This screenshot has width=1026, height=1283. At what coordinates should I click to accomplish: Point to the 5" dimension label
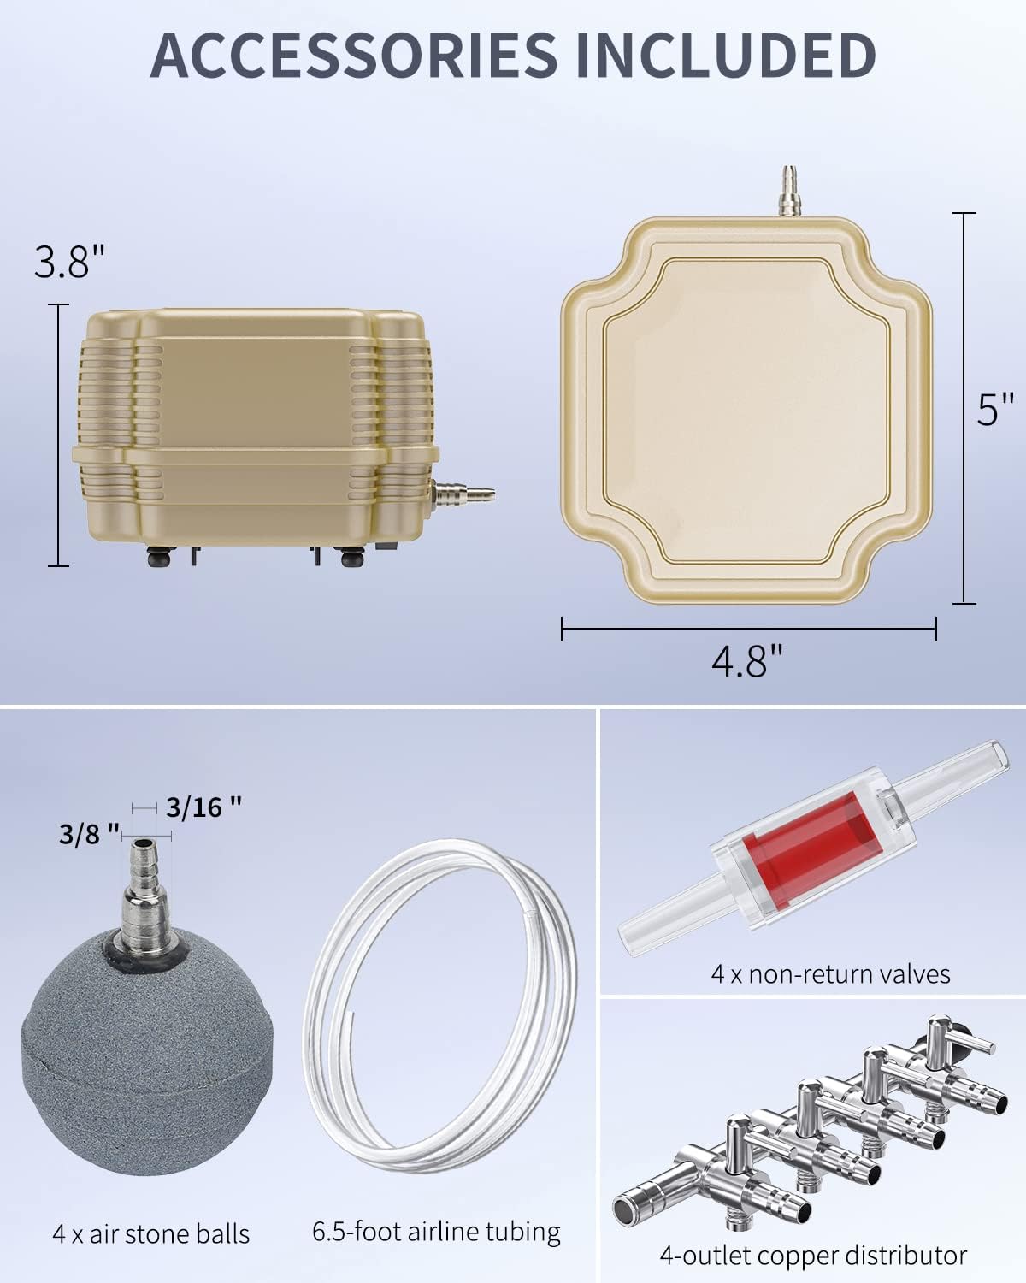pyautogui.click(x=995, y=410)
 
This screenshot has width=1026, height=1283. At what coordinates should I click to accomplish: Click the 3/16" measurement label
pyautogui.click(x=203, y=807)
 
